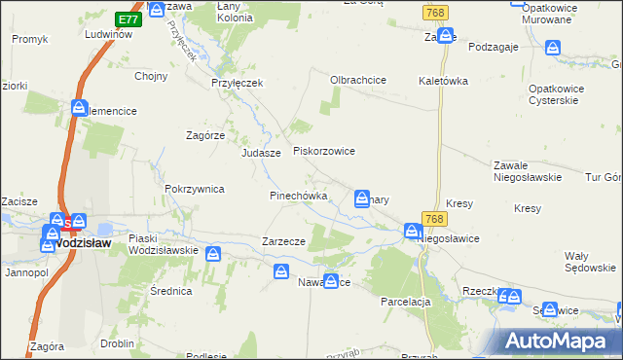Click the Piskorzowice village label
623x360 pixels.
click(324, 152)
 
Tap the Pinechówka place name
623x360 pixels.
click(297, 196)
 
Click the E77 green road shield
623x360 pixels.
click(127, 19)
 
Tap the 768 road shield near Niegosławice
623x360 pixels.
click(434, 220)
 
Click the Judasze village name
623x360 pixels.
click(261, 153)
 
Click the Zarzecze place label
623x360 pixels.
click(284, 241)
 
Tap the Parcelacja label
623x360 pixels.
click(406, 302)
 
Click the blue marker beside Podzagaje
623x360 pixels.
click(553, 47)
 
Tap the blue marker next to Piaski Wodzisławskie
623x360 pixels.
click(213, 255)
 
